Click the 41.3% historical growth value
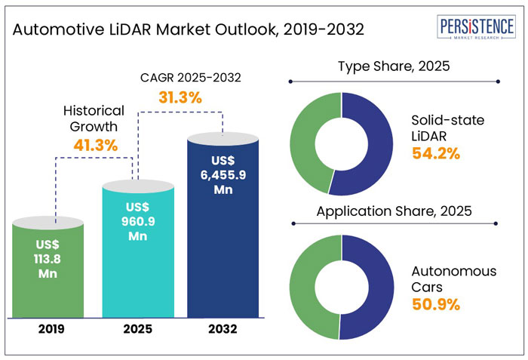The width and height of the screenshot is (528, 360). tap(95, 145)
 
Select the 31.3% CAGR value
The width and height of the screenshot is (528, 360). tap(180, 97)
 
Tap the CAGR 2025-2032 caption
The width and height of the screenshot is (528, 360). tap(180, 77)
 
